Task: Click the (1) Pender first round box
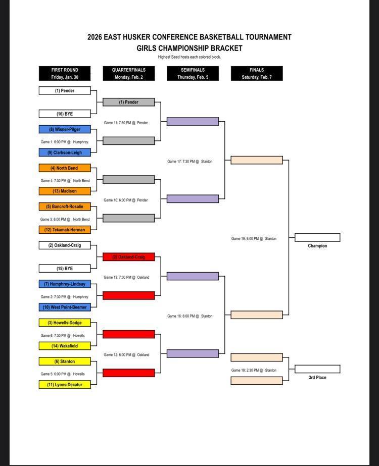point(65,91)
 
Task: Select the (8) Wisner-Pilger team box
point(65,129)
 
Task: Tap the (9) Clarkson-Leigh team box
point(65,152)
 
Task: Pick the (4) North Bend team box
point(65,168)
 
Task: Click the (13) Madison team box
point(65,191)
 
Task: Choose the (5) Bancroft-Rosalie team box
point(65,206)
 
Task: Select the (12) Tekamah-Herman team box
point(65,230)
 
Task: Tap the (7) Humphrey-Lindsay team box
point(65,284)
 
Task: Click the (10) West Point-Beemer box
point(65,307)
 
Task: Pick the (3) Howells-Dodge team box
point(65,323)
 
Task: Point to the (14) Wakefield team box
point(65,346)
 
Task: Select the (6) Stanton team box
point(65,361)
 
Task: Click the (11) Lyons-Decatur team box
point(65,385)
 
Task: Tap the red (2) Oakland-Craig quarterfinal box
point(128,257)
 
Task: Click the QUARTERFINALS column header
point(128,73)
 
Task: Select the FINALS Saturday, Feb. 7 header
point(257,73)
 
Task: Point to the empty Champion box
point(317,237)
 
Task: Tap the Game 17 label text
point(189,162)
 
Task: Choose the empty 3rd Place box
point(317,369)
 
